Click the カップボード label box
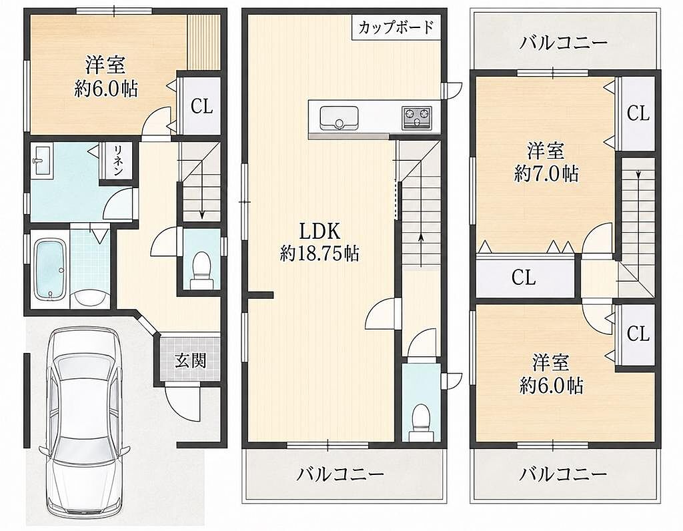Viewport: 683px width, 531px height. pyautogui.click(x=396, y=28)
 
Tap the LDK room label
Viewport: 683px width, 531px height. pyautogui.click(x=319, y=231)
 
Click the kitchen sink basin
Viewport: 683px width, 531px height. pyautogui.click(x=339, y=117)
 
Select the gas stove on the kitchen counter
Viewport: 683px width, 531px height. pyautogui.click(x=416, y=117)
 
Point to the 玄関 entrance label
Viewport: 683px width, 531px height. pyautogui.click(x=190, y=360)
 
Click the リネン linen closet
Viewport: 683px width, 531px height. pyautogui.click(x=117, y=160)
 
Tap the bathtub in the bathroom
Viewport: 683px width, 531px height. pyautogui.click(x=51, y=270)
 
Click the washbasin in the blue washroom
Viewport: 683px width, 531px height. pyautogui.click(x=42, y=160)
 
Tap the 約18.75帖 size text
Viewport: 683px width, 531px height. pyautogui.click(x=319, y=253)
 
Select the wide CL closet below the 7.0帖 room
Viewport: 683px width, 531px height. pyautogui.click(x=526, y=277)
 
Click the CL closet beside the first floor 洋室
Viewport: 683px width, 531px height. pyautogui.click(x=201, y=106)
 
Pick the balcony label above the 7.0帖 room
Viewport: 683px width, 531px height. pyautogui.click(x=563, y=43)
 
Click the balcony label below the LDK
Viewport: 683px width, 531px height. pyautogui.click(x=339, y=474)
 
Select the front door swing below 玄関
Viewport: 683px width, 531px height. pyautogui.click(x=183, y=403)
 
